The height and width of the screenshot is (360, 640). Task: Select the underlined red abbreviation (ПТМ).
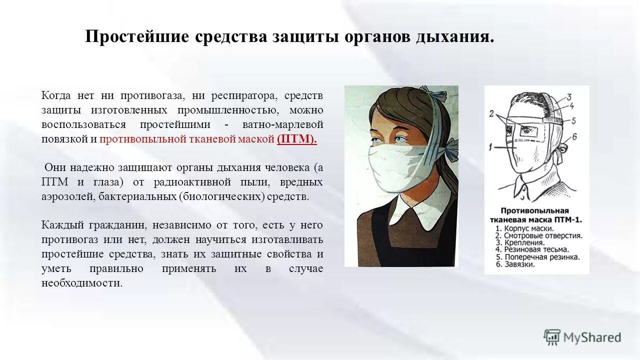click(297, 139)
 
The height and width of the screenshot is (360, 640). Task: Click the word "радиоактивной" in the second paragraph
click(188, 182)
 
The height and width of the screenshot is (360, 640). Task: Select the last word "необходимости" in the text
click(81, 283)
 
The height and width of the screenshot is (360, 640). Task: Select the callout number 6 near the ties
click(575, 136)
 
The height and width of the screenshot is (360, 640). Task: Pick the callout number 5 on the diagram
click(574, 120)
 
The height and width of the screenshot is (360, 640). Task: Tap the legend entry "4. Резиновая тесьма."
click(532, 249)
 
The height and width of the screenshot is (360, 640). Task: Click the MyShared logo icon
click(552, 337)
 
